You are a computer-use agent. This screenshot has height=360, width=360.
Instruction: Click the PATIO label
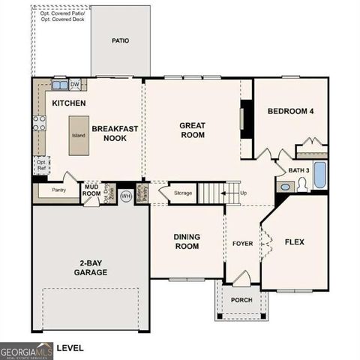coord(120,40)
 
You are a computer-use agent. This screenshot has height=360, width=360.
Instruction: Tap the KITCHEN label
coord(68,103)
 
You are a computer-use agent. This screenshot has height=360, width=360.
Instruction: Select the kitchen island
coord(79,136)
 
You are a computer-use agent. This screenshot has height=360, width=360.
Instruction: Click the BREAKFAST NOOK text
coord(115,133)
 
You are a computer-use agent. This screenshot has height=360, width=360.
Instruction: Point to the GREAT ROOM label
coord(192,130)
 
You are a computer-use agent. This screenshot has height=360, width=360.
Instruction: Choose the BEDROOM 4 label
coord(290,112)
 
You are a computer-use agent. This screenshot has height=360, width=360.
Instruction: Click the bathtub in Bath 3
coord(320,175)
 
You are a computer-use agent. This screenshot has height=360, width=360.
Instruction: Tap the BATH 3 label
coord(299,170)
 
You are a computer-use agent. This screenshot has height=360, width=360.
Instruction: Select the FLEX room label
coord(294,242)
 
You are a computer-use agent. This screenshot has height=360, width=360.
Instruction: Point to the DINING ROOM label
coord(187,241)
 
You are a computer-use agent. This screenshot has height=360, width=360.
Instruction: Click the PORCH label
coord(241,300)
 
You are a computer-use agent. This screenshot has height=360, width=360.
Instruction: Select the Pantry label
coord(59,190)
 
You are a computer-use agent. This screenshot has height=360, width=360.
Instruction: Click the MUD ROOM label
coord(91,190)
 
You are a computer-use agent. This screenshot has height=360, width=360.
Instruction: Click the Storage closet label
coord(183,193)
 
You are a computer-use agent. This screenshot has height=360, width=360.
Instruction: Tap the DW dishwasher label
coord(75,83)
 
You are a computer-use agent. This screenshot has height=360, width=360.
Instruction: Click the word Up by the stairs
coord(243,193)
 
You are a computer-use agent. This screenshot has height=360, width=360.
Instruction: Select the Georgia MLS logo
coord(25,349)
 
